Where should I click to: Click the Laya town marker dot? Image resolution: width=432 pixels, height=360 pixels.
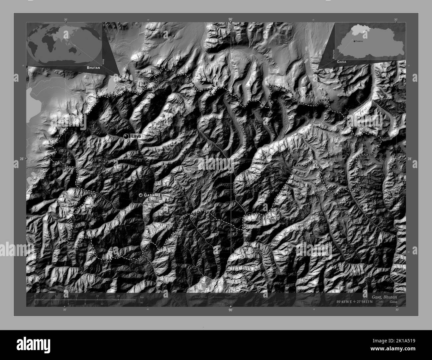(126, 136)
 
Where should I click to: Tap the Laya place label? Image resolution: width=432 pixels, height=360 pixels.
(136, 136)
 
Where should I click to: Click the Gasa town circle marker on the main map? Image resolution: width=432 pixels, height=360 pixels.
(141, 195)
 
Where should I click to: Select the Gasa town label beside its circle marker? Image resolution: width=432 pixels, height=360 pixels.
(149, 195)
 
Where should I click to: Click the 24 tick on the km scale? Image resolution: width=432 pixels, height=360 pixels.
(118, 296)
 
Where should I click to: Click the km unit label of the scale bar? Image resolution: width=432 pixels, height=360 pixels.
(142, 297)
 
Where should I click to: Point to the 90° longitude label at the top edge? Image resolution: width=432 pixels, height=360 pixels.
(231, 20)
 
